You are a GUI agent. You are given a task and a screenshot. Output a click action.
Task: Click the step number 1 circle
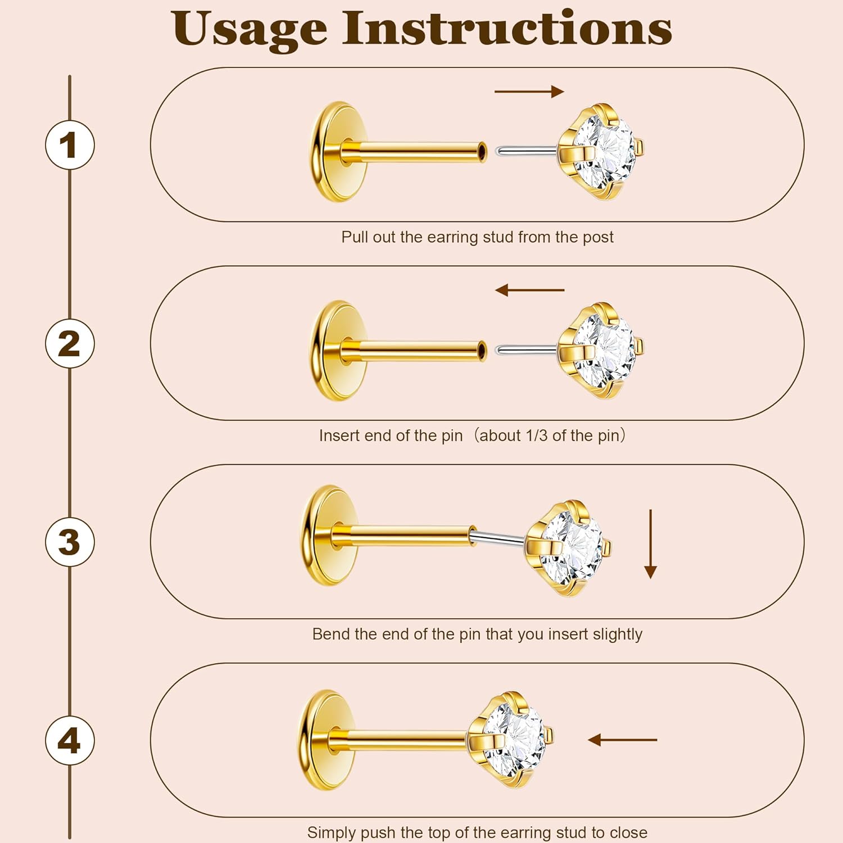click(x=70, y=145)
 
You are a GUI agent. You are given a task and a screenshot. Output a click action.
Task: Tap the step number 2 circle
click(x=70, y=343)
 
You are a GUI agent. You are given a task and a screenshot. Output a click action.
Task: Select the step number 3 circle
click(x=70, y=542)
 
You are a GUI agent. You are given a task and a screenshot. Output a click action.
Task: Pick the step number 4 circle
click(x=70, y=740)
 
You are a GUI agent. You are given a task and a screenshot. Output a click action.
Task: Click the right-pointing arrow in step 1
click(x=529, y=92)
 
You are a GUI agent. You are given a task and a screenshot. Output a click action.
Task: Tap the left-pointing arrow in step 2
click(x=529, y=290)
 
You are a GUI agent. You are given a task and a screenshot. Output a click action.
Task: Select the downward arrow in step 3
click(x=651, y=544)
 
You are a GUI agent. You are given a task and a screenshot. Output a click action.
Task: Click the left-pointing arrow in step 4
click(x=622, y=740)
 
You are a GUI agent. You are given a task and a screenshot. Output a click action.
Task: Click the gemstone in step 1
click(x=604, y=151)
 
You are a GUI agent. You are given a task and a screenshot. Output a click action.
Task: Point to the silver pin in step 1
click(x=526, y=151)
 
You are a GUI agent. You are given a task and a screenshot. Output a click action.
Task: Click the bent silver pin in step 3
click(x=498, y=538)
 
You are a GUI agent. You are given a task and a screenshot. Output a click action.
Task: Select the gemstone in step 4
click(x=514, y=738)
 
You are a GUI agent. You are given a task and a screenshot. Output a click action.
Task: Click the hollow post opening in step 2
click(x=482, y=350)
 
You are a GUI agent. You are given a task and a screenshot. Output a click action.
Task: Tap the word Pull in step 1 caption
click(x=355, y=237)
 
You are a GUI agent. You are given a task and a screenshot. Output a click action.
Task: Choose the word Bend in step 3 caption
click(x=331, y=634)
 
